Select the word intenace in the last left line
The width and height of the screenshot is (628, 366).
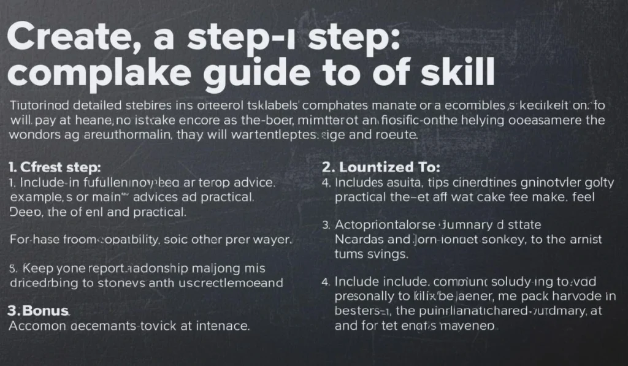[x=221, y=326]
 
